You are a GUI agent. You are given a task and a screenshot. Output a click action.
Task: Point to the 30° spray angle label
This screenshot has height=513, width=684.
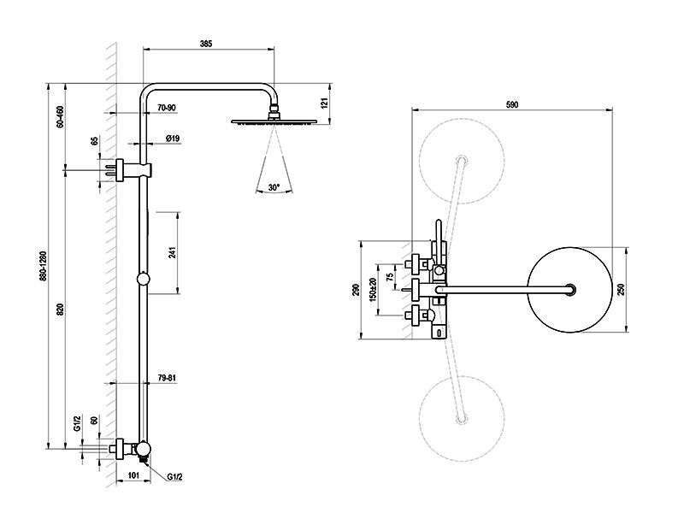[x=274, y=186]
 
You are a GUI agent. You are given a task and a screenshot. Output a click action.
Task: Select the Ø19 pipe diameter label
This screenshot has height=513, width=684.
[x=172, y=139]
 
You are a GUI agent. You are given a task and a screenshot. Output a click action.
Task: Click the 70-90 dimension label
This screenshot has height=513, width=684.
[x=167, y=108]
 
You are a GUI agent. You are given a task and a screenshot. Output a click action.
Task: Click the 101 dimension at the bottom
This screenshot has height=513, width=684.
[x=133, y=476]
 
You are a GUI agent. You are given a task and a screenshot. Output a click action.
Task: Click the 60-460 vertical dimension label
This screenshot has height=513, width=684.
[x=60, y=116]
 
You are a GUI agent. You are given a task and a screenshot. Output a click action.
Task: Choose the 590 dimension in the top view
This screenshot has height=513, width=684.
[x=512, y=104]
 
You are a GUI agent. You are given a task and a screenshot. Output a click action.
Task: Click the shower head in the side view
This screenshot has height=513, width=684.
[x=274, y=121]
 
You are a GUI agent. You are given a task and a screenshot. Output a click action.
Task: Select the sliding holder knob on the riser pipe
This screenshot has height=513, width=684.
[x=144, y=279]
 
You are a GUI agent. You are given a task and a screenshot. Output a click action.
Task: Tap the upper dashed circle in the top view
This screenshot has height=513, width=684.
[x=460, y=159]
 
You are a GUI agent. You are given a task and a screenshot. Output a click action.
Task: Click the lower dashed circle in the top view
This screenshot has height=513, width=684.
[x=460, y=417]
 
